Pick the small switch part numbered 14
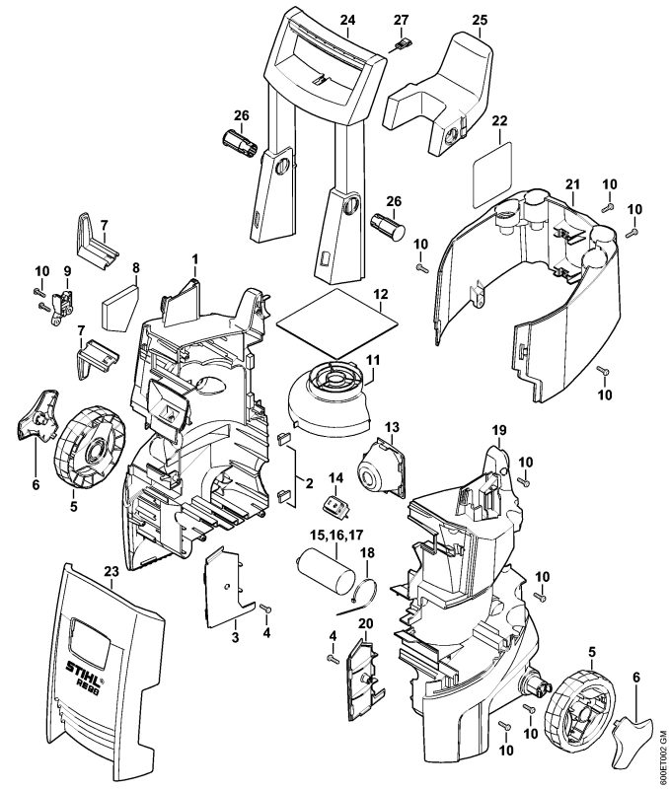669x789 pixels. [x=334, y=506]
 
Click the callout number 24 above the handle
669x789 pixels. [x=346, y=18]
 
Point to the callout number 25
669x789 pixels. [x=480, y=18]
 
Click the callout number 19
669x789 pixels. [x=499, y=431]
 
